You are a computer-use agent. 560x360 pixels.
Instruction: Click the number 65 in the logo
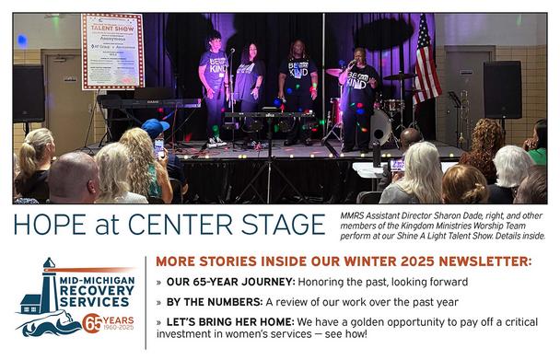(92, 323)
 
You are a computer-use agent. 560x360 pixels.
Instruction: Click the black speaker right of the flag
(502, 89)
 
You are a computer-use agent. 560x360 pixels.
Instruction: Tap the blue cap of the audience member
(156, 127)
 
